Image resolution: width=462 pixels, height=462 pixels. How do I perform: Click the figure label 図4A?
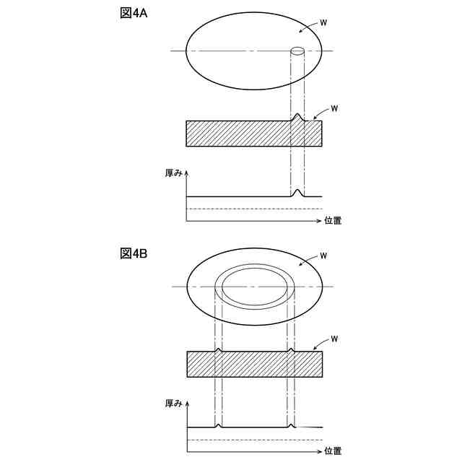pyautogui.click(x=134, y=13)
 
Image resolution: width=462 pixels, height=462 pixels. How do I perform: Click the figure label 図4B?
pyautogui.click(x=134, y=253)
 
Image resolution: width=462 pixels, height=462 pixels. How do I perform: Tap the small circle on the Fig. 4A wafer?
pyautogui.click(x=297, y=51)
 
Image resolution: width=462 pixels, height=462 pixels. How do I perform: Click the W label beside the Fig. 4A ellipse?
pyautogui.click(x=323, y=24)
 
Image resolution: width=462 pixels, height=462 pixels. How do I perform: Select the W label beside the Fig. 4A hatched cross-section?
pyautogui.click(x=334, y=108)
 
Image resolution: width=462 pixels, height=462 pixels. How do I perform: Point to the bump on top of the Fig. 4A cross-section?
pyautogui.click(x=297, y=116)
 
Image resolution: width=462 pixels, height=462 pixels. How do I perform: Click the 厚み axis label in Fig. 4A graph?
pyautogui.click(x=174, y=173)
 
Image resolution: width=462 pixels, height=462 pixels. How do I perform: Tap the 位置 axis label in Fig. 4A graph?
pyautogui.click(x=333, y=221)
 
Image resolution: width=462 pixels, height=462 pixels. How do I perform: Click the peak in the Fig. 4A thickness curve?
pyautogui.click(x=297, y=192)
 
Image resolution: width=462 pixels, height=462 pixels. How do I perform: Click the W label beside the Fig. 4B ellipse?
pyautogui.click(x=323, y=256)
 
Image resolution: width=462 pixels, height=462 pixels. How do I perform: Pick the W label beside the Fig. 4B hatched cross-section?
pyautogui.click(x=334, y=339)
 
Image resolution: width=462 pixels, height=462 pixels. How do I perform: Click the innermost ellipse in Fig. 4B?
pyautogui.click(x=254, y=287)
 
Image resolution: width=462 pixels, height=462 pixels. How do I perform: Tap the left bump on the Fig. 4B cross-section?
pyautogui.click(x=219, y=350)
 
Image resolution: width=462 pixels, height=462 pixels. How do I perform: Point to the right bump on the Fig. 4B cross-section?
pyautogui.click(x=291, y=350)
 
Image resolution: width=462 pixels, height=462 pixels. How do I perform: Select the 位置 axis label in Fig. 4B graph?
pyautogui.click(x=333, y=451)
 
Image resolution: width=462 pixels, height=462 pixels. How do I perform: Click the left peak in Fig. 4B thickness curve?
pyautogui.click(x=219, y=425)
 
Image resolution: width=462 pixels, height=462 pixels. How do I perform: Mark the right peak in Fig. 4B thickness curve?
pyautogui.click(x=291, y=425)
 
